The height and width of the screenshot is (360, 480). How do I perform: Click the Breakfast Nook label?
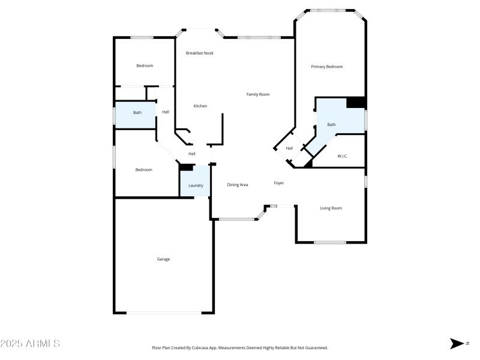pyautogui.click(x=199, y=53)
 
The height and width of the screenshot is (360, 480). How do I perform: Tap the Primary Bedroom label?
pyautogui.click(x=326, y=67)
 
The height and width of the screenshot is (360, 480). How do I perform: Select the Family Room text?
pyautogui.click(x=258, y=94)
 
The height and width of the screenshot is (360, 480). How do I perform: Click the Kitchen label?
pyautogui.click(x=200, y=106)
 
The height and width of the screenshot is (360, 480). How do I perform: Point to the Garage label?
pyautogui.click(x=163, y=259)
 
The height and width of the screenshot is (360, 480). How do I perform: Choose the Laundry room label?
pyautogui.click(x=196, y=185)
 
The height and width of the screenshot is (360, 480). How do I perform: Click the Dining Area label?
pyautogui.click(x=238, y=185)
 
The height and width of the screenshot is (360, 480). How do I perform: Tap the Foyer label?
pyautogui.click(x=279, y=183)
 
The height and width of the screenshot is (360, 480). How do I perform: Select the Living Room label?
pyautogui.click(x=331, y=208)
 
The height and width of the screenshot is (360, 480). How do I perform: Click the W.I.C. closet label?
pyautogui.click(x=343, y=157)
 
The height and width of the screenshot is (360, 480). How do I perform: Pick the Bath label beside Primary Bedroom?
pyautogui.click(x=331, y=125)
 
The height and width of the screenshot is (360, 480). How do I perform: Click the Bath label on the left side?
pyautogui.click(x=137, y=113)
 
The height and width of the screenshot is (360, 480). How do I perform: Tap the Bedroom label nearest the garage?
pyautogui.click(x=143, y=170)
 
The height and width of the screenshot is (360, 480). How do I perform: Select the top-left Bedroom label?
pyautogui.click(x=144, y=66)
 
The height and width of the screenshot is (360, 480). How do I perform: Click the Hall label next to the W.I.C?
pyautogui.click(x=289, y=148)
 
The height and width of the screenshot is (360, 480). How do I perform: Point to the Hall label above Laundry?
pyautogui.click(x=192, y=154)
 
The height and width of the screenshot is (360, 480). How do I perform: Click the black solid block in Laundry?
pyautogui.click(x=186, y=167)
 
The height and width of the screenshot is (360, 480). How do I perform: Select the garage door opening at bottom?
pyautogui.click(x=164, y=313)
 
